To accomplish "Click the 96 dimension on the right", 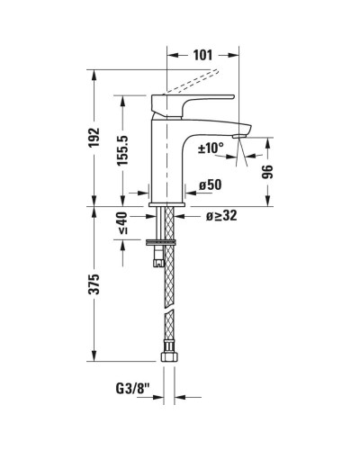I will coord(266,170).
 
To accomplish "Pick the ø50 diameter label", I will coord(212,184).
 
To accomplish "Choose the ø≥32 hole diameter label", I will coord(221,216).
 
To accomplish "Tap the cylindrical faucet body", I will coord(168,153).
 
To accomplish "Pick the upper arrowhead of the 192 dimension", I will coord(95,74).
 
